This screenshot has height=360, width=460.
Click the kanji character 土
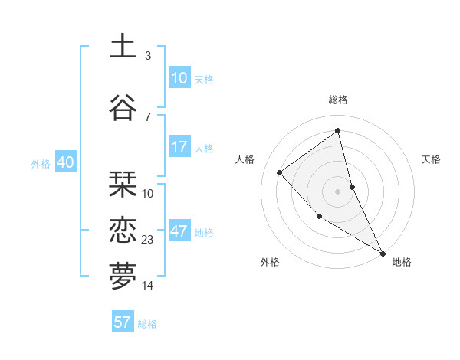[x=123, y=46]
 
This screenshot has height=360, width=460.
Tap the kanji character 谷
[x=123, y=107]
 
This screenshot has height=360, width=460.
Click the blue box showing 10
[x=179, y=78]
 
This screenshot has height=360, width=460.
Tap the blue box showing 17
[x=179, y=147]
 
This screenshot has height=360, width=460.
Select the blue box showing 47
[x=179, y=231]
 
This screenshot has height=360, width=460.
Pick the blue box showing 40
[x=65, y=162]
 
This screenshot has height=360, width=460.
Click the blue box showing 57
[x=123, y=322]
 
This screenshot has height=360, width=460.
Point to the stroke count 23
[x=148, y=240]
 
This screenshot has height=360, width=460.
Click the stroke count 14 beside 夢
[x=148, y=286]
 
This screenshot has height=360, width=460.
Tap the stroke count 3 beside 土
[x=148, y=55]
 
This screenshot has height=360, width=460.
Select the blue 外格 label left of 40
[x=40, y=163]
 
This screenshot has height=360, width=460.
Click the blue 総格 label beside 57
[x=147, y=324]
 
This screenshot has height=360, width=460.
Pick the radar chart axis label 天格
[x=432, y=159]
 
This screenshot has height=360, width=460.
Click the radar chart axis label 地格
[x=402, y=262]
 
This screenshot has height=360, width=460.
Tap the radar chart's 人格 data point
[x=280, y=172]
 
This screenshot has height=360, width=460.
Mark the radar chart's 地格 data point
[x=383, y=253]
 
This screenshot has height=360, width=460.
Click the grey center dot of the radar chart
[x=337, y=191]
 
